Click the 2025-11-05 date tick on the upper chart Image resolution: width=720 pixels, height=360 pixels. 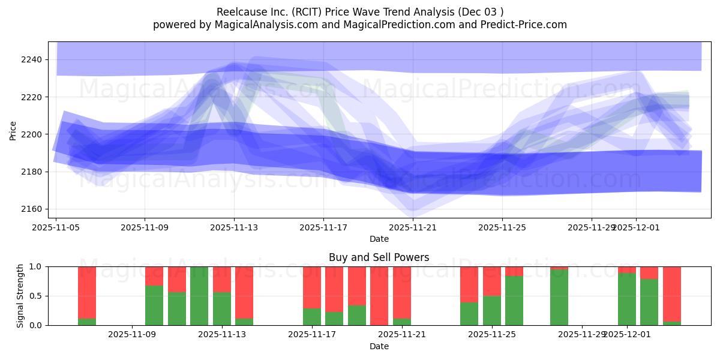coord(56,227)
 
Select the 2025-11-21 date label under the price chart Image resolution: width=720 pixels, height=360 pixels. coord(413,227)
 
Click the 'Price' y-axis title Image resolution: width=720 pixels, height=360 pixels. coord(13,130)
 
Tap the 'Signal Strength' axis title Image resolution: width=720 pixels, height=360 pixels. coord(20,296)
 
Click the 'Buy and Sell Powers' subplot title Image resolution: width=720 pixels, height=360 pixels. coord(379,257)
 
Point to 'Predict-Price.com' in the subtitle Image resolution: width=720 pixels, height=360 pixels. coord(520,25)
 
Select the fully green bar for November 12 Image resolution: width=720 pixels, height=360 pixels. coord(199,296)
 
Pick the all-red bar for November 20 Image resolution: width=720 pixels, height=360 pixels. coord(379,296)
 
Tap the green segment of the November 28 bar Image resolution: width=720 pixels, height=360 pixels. coord(559,298)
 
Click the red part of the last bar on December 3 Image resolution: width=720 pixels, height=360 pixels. coord(672,294)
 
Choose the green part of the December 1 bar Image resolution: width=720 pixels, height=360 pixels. coord(627,299)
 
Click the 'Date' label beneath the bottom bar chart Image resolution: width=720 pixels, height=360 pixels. coord(379,346)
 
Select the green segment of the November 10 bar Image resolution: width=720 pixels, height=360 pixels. coord(177,309)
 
